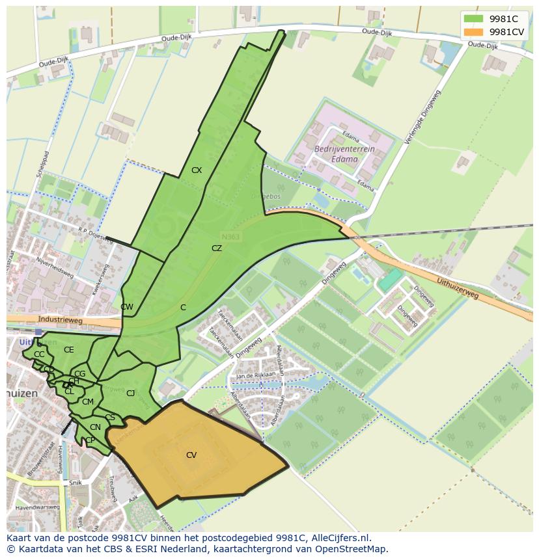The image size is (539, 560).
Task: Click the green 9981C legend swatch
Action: pos(473,19)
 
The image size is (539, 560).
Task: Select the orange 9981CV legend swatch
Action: pos(473,32)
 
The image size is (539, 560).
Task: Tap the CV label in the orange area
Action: pos(191,455)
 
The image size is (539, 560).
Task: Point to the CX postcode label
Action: pos(197,170)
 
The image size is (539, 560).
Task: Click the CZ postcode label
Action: pos(217,248)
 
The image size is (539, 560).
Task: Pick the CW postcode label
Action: pos(127,307)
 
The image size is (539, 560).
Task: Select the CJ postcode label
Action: pos(131,393)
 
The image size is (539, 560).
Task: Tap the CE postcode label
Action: pos(69,350)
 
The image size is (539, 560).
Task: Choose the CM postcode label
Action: pos(88,402)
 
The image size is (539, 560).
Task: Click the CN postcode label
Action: pos(95,427)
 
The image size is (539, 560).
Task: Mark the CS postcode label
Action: pos(110,418)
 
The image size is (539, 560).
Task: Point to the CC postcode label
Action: pos(39,354)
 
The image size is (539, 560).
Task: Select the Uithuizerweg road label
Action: pos(458,287)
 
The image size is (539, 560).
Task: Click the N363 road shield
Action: pos(230,237)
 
